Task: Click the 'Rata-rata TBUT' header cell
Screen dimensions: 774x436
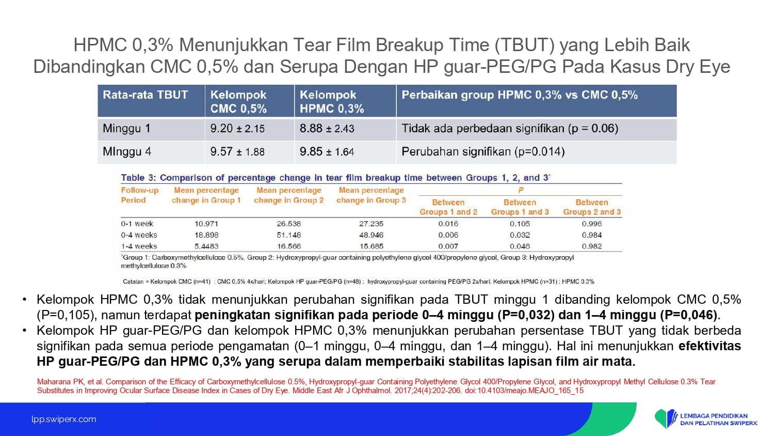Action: coord(145,95)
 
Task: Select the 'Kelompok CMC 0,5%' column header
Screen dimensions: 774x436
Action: coord(238,102)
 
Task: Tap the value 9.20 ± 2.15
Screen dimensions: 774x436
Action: coord(237,129)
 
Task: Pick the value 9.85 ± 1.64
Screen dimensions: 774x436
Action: coord(327,151)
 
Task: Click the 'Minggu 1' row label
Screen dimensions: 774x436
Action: coord(126,129)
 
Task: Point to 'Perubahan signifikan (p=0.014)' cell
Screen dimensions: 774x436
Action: coord(483,151)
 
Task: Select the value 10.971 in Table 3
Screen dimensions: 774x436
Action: coord(206,224)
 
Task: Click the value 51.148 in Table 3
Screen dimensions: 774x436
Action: coord(289,235)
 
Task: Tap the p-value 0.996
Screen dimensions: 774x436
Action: coord(592,224)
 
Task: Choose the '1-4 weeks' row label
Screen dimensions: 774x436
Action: coord(139,246)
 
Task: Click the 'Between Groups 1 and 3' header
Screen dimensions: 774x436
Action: coord(520,207)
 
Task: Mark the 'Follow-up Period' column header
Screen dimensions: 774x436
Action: coord(140,195)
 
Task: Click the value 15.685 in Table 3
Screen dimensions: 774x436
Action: coord(371,246)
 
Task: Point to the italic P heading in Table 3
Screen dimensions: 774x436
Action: coord(521,190)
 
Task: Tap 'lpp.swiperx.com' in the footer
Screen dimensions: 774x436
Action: coord(64,419)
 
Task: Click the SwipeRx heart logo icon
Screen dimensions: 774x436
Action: coord(666,419)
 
